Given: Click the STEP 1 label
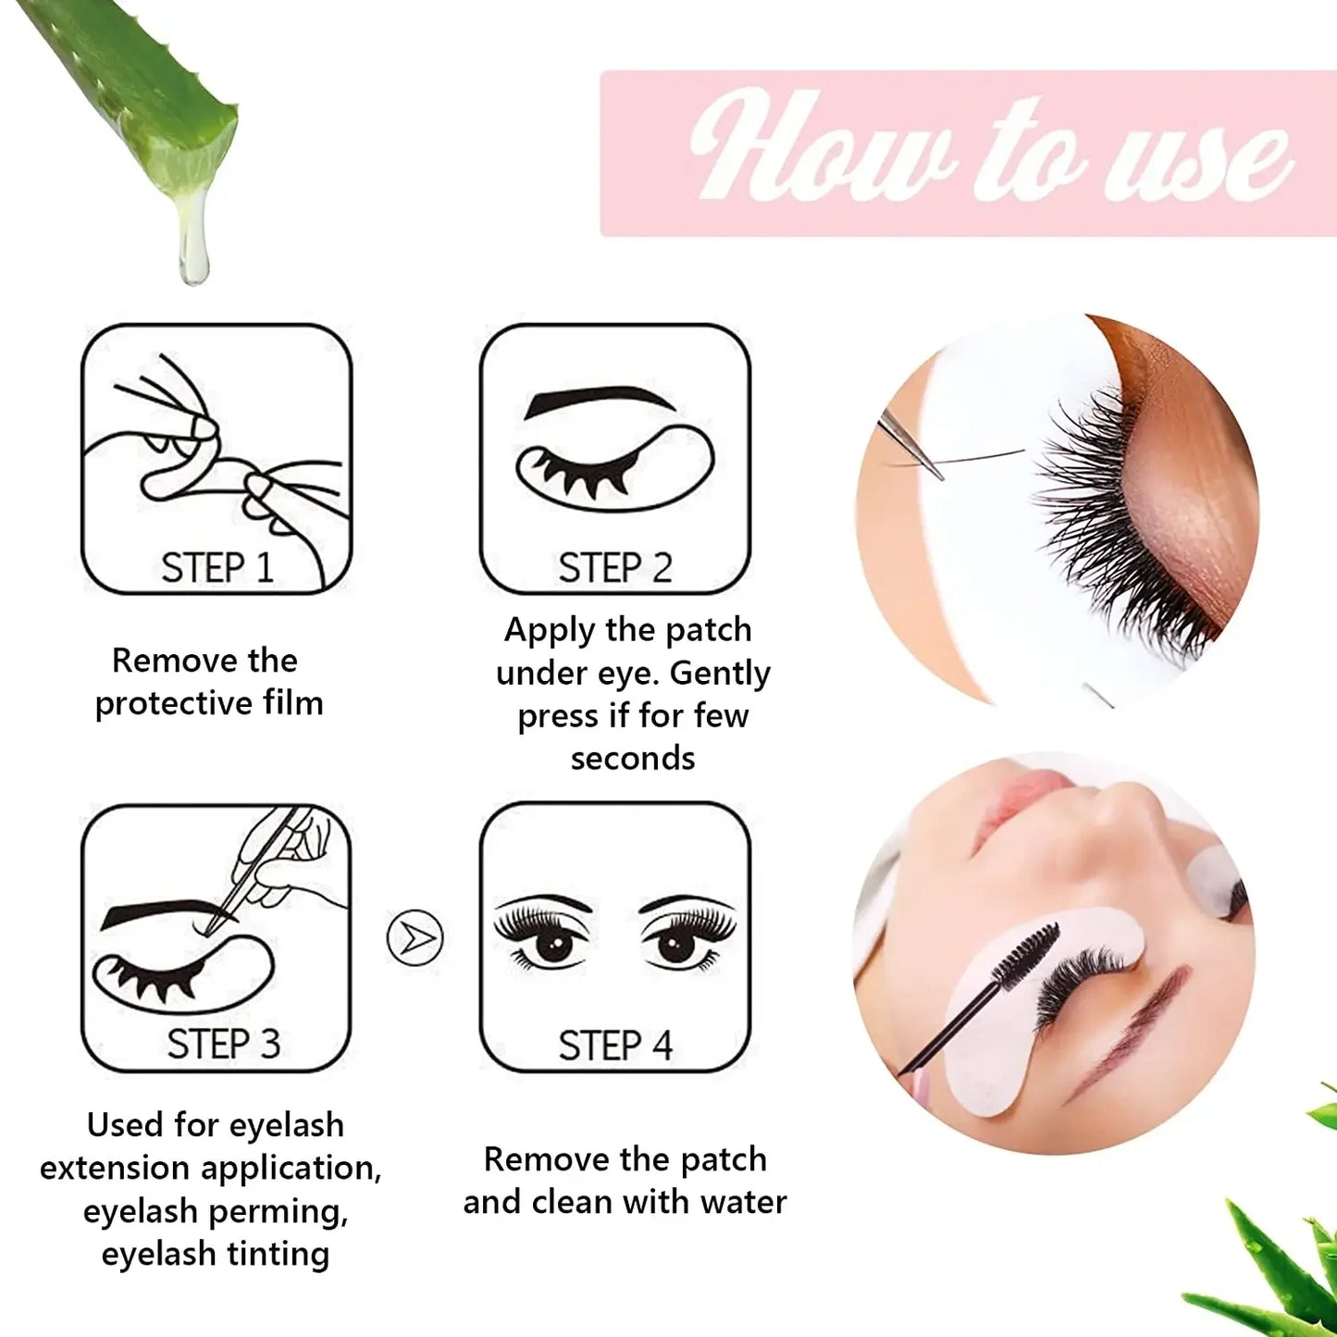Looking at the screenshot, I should (217, 567).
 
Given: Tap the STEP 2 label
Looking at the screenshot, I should (615, 567).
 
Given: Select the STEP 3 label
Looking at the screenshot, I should (223, 1044).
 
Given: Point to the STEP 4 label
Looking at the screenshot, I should (615, 1046).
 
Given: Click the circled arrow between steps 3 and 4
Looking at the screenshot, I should (415, 939).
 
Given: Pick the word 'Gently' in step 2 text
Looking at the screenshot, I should (720, 673).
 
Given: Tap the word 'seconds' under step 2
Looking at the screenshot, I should (633, 758).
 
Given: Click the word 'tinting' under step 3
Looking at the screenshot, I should (277, 1254).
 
